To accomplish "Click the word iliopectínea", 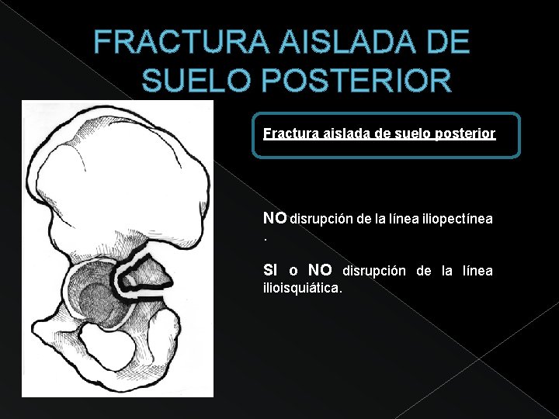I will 457,220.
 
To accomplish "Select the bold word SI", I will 271,270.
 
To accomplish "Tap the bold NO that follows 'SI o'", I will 320,270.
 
